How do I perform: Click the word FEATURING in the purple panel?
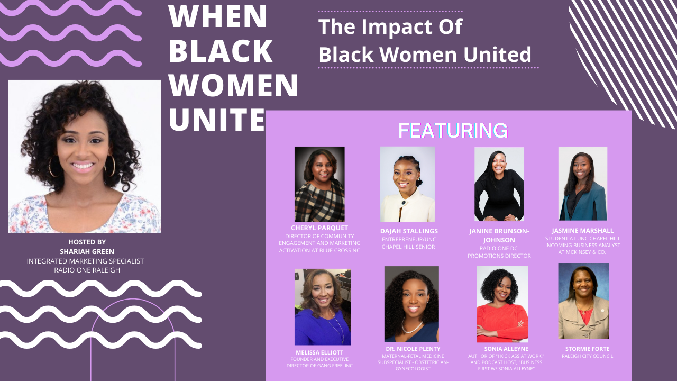click(x=453, y=130)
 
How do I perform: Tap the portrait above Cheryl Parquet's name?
click(x=319, y=184)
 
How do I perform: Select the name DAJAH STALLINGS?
click(x=409, y=231)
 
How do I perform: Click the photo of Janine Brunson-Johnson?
click(x=499, y=184)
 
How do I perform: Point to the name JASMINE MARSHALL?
click(x=583, y=231)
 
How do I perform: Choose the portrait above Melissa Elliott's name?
click(x=323, y=307)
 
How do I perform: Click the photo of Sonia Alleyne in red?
click(x=502, y=304)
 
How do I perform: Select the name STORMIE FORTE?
click(x=587, y=349)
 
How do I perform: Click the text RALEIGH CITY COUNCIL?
click(x=587, y=356)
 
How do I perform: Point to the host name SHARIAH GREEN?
click(x=87, y=251)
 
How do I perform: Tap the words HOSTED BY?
click(x=87, y=242)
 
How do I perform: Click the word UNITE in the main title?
click(x=216, y=119)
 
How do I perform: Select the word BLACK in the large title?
click(x=221, y=51)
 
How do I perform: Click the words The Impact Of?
click(x=390, y=27)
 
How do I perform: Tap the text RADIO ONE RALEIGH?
click(x=87, y=270)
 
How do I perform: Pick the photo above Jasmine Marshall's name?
click(x=583, y=183)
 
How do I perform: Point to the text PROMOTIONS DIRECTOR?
click(x=499, y=256)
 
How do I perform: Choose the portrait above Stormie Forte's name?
click(x=583, y=301)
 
